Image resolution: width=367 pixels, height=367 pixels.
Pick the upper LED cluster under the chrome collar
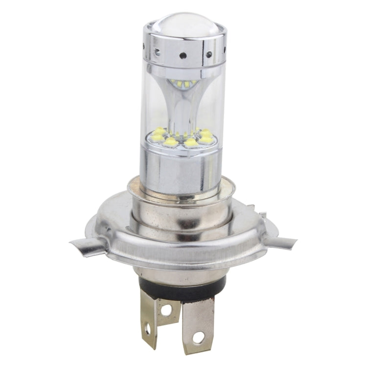click(x=186, y=84)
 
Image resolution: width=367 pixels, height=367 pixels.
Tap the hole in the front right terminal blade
click(x=198, y=338)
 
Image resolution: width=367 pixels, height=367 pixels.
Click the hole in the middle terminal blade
click(x=167, y=310)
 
